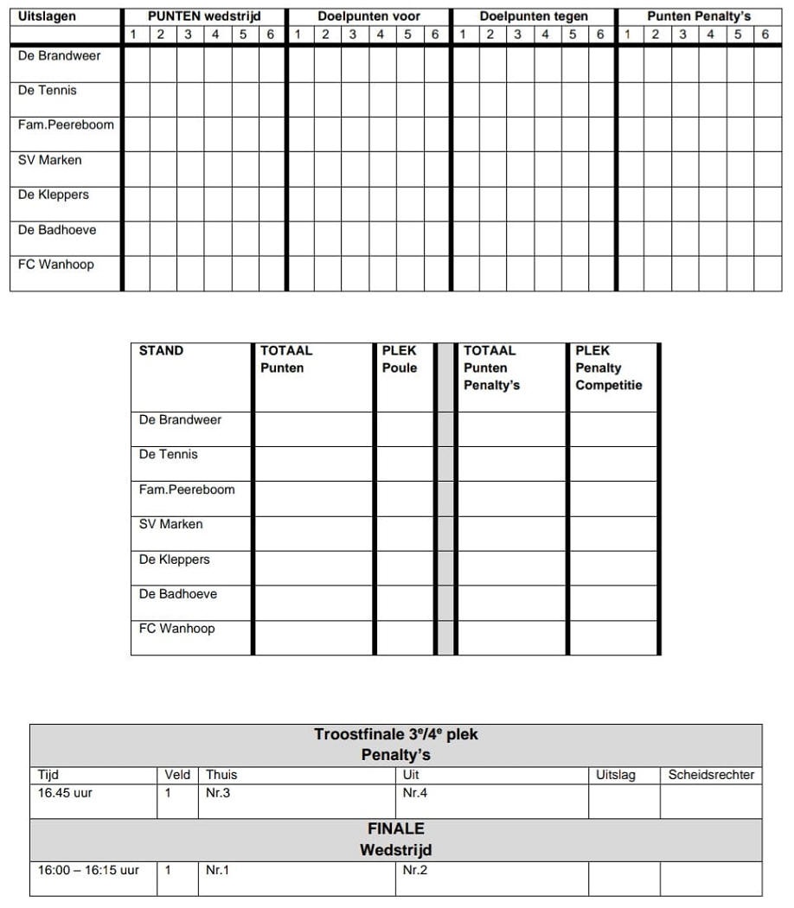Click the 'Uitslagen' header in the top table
tap(48, 16)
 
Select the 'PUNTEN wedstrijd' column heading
tap(204, 16)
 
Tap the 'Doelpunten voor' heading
tap(368, 16)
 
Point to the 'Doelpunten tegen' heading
tap(534, 16)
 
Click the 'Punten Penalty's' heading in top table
tap(699, 16)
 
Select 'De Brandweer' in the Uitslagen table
tap(60, 56)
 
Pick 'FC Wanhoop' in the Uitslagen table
tap(56, 265)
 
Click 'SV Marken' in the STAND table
tap(171, 524)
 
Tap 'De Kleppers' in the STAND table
tap(175, 560)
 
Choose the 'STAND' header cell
tap(162, 351)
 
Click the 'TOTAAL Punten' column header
tap(286, 360)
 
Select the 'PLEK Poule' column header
tap(400, 360)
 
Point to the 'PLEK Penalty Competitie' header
tap(609, 368)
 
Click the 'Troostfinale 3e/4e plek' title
tap(396, 735)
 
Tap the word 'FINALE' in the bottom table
tap(396, 828)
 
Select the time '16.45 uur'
tap(65, 793)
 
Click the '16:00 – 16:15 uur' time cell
tap(88, 870)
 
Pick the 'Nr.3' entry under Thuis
tap(218, 793)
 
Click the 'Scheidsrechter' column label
tap(711, 776)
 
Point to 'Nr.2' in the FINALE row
tap(415, 870)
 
